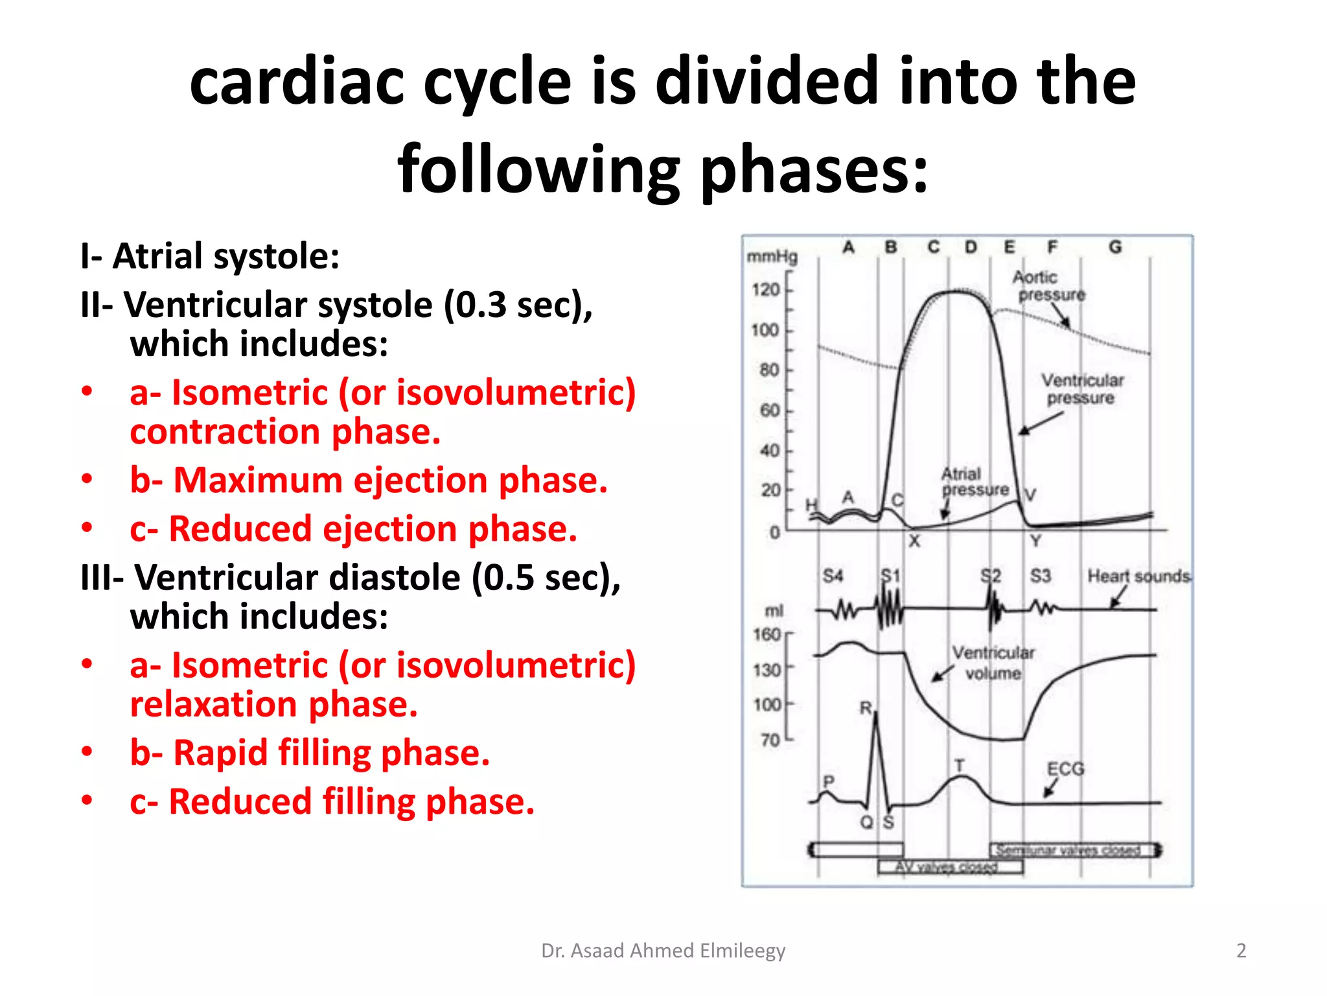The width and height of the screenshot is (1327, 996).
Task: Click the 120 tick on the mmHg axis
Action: click(767, 289)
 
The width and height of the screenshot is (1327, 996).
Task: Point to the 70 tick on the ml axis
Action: click(770, 739)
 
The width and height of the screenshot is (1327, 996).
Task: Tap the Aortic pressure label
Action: click(1048, 286)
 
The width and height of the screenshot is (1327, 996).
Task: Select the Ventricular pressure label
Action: click(1082, 389)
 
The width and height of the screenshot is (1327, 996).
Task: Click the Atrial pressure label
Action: click(974, 482)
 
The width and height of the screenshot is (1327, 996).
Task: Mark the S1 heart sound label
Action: click(891, 576)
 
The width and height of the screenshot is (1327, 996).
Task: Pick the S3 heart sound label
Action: click(1040, 576)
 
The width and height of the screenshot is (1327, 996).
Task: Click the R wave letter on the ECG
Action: click(866, 708)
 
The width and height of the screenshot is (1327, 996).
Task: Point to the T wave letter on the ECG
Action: click(960, 766)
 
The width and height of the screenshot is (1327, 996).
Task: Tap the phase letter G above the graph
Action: click(1115, 247)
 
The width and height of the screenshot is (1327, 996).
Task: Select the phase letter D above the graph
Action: click(971, 247)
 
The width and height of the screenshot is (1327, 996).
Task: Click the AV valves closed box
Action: click(951, 867)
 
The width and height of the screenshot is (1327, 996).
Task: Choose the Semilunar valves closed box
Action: click(1073, 850)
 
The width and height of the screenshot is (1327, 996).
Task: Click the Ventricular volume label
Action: click(993, 663)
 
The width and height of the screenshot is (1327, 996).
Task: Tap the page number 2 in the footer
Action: click(1241, 951)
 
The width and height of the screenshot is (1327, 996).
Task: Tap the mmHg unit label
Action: click(772, 257)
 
